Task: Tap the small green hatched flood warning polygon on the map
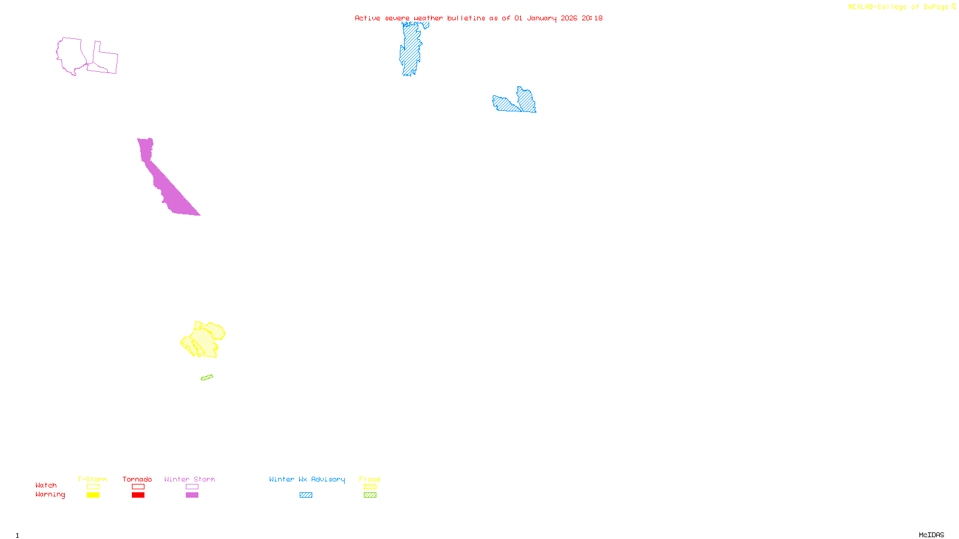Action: point(207,377)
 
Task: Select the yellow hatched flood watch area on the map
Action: point(204,340)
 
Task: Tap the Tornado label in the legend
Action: point(137,479)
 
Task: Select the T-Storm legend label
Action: point(92,479)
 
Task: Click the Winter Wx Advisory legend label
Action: point(307,479)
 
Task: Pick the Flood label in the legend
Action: point(370,479)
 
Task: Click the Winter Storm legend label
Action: point(189,479)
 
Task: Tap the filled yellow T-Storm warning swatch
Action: point(93,495)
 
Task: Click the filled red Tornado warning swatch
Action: point(138,495)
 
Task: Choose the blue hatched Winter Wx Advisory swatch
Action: point(306,495)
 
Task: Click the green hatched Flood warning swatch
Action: point(370,495)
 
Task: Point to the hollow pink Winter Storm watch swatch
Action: point(192,487)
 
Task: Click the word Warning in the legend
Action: point(50,495)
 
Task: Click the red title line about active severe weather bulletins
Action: point(479,18)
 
